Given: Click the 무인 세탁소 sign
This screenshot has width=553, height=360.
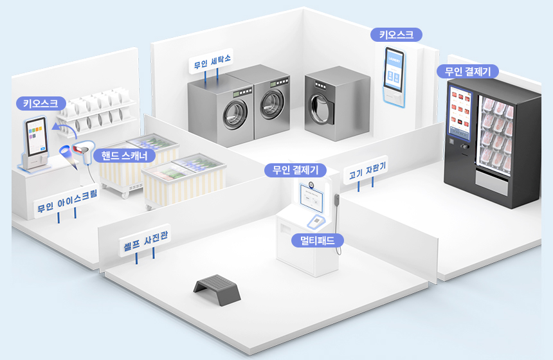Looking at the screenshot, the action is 211,61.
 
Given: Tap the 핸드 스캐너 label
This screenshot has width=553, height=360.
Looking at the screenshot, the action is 124,156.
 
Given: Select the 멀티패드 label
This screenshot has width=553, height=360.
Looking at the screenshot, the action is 318,240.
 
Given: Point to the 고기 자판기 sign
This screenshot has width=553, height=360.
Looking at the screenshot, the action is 366,170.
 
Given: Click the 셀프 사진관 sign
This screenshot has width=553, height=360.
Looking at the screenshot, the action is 145,240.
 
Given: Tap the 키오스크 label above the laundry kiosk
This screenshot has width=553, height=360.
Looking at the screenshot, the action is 396,35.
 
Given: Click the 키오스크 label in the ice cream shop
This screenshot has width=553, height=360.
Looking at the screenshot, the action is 41,104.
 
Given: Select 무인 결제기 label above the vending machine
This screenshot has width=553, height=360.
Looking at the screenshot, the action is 467,71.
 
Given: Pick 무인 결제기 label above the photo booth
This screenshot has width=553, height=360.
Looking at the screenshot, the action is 295,170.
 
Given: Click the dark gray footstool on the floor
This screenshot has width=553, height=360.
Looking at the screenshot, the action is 217,290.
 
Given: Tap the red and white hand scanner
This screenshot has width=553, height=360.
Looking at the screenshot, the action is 83,150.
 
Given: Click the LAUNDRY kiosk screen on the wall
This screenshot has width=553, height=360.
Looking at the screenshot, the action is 394,71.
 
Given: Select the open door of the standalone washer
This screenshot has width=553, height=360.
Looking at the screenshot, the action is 320,107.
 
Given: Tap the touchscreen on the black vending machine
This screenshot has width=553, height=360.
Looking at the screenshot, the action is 460,111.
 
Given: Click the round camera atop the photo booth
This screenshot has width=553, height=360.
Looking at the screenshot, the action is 311,184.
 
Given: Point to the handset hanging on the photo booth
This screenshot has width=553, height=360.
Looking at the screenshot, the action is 336,201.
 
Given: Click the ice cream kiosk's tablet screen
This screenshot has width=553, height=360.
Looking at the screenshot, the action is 36,136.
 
